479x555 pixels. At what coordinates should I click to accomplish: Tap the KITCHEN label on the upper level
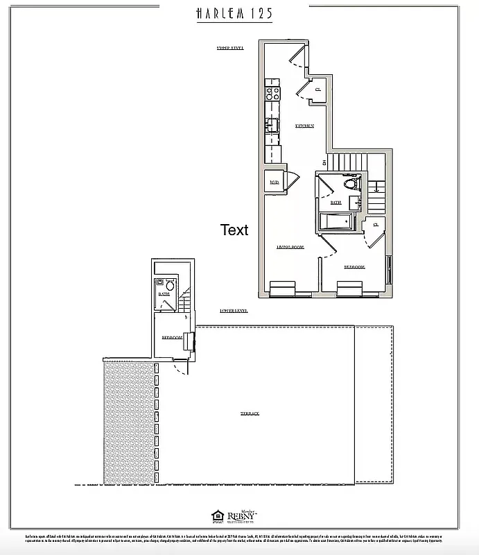click(x=304, y=126)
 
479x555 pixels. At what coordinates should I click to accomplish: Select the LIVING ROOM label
click(x=290, y=247)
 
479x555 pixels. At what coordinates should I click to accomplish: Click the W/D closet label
click(x=274, y=183)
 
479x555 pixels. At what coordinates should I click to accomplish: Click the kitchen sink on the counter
click(x=272, y=125)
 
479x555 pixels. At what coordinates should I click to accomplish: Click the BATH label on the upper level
click(x=336, y=203)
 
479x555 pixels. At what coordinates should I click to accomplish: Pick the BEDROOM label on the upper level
click(x=354, y=267)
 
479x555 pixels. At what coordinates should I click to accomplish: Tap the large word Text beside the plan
click(x=234, y=230)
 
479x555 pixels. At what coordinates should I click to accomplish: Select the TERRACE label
click(x=250, y=414)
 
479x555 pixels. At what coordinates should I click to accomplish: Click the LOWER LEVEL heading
click(x=232, y=311)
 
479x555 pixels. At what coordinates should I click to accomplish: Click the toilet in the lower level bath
click(x=168, y=284)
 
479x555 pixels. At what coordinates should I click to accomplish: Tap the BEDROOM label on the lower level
click(x=172, y=337)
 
